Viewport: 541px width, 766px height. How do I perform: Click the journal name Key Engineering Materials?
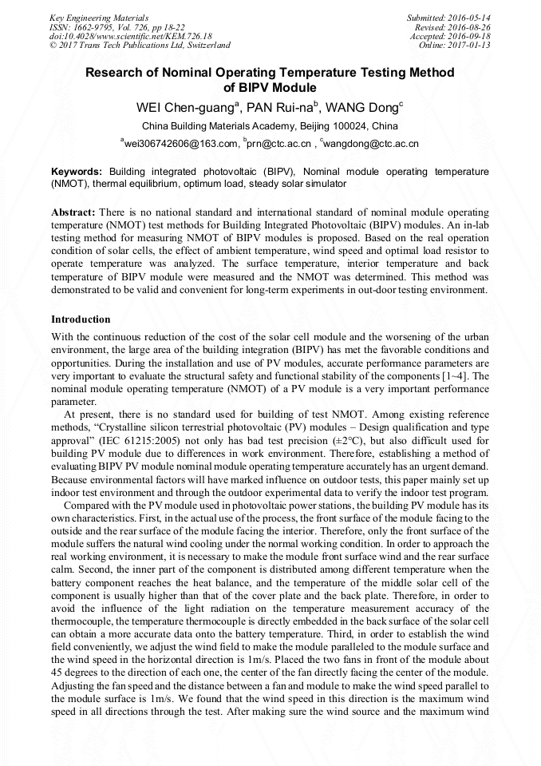pyautogui.click(x=99, y=17)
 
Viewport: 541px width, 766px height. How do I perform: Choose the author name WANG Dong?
pyautogui.click(x=365, y=108)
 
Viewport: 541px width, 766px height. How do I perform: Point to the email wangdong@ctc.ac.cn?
pyautogui.click(x=371, y=145)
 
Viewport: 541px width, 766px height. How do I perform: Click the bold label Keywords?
pyautogui.click(x=77, y=172)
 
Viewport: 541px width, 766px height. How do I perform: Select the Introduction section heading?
pyautogui.click(x=81, y=319)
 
